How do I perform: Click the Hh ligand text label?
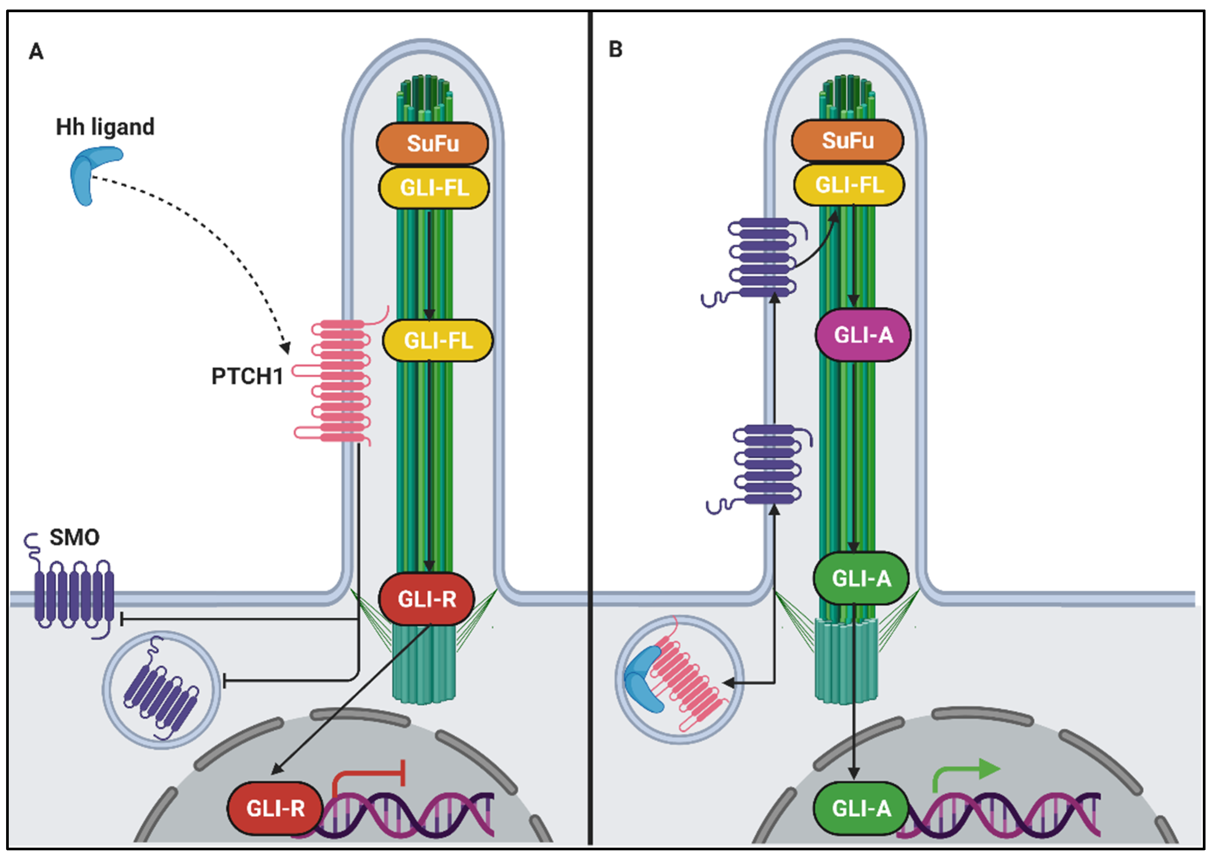pyautogui.click(x=105, y=127)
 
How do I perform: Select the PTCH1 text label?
pyautogui.click(x=247, y=377)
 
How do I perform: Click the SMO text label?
pyautogui.click(x=74, y=538)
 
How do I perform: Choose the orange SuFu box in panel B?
pyautogui.click(x=847, y=140)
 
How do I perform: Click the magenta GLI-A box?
pyautogui.click(x=862, y=335)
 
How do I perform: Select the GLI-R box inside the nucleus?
pyautogui.click(x=275, y=808)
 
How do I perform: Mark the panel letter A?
pyautogui.click(x=36, y=52)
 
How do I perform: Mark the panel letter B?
pyautogui.click(x=615, y=49)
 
